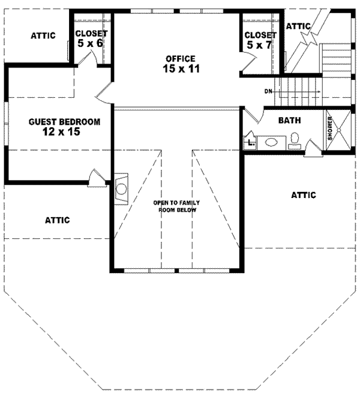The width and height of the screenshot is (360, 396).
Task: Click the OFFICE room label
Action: point(181,58)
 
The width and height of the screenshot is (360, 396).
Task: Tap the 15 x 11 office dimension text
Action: point(181,69)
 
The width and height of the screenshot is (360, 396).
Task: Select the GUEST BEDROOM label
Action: point(64,121)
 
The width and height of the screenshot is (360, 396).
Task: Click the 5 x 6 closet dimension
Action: point(91,44)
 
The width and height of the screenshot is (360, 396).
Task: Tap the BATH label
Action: point(289,120)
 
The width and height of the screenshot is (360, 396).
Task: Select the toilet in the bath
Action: point(294,141)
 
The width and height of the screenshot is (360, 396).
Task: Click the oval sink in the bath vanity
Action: point(271,142)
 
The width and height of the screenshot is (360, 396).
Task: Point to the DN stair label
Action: point(268,91)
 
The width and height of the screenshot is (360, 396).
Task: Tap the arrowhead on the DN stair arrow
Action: point(319,91)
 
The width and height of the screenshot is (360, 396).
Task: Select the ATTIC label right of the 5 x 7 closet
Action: point(298,26)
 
